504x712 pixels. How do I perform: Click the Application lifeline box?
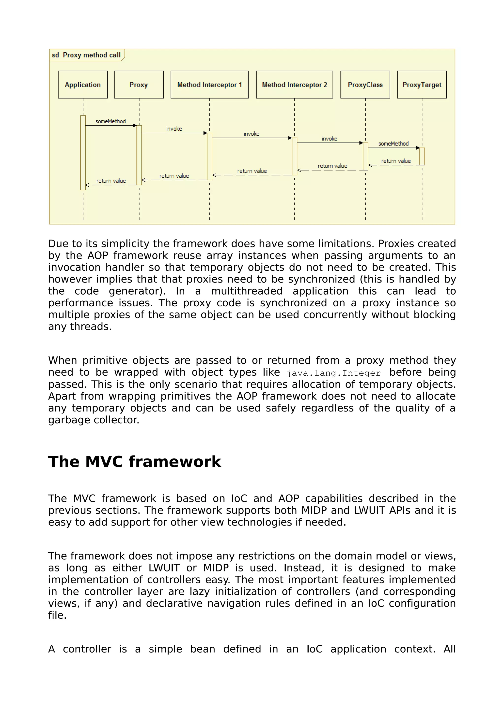(x=83, y=85)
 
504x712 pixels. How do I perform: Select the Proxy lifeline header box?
(x=139, y=85)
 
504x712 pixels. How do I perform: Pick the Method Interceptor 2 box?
(x=294, y=85)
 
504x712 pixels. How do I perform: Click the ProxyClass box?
(x=365, y=85)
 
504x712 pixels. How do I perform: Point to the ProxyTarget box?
(x=422, y=85)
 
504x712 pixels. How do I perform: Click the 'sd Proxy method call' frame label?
(x=86, y=55)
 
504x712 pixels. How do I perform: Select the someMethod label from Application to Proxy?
(x=110, y=121)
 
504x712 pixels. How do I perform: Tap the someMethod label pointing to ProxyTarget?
(x=393, y=143)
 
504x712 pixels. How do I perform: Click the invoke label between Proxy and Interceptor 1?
(x=174, y=129)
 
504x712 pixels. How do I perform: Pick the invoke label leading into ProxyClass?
(x=329, y=139)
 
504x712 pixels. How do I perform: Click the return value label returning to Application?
(x=111, y=181)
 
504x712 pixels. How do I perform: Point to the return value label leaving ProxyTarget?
(x=396, y=161)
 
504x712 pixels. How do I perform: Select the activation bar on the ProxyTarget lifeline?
(x=422, y=156)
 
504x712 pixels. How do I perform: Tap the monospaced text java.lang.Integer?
(x=333, y=373)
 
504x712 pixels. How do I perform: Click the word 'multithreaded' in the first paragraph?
(x=247, y=291)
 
